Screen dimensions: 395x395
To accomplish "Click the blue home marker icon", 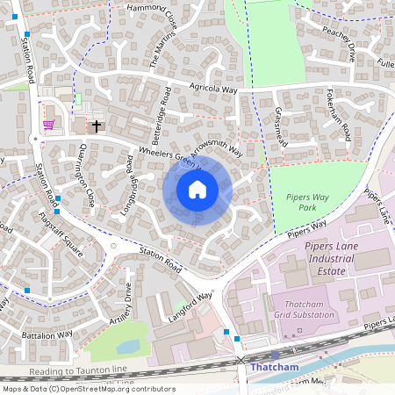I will tap(197, 189).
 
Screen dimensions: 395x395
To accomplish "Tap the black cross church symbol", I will tap(95, 126).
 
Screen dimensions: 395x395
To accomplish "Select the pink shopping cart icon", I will tap(48, 125).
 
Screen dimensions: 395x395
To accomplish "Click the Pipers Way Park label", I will tap(300, 203).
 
